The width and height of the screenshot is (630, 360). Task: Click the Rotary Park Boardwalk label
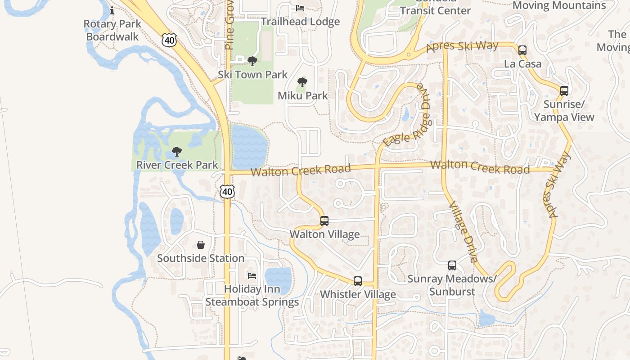pos(112,30)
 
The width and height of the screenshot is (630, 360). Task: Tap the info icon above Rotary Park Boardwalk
pos(112,10)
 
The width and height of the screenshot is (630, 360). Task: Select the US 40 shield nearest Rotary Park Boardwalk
pos(169,40)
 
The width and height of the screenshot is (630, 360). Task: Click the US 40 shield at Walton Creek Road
pos(227,191)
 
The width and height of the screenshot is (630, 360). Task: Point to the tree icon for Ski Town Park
pos(252,61)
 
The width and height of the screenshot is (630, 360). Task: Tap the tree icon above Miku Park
pos(302,82)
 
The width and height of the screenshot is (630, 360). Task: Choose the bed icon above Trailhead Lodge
pos(300,8)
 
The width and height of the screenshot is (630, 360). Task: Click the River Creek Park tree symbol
pos(177,152)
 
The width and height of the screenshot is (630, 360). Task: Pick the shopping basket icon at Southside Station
pos(201,245)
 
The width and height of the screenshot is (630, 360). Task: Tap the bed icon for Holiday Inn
pos(252,275)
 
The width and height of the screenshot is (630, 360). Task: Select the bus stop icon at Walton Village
pos(324,221)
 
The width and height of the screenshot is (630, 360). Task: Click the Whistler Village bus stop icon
pos(358,281)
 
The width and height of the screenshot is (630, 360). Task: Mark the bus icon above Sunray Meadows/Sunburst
pos(452,265)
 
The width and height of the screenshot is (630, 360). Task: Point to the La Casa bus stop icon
pos(522,50)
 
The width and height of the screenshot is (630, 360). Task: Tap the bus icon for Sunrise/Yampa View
pos(564,91)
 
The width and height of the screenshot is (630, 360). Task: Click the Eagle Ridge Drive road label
pos(406,115)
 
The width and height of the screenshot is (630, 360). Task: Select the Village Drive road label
pos(463,232)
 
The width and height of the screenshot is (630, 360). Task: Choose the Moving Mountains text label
pos(559,5)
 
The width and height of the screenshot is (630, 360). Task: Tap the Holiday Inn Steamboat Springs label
pos(252,295)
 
